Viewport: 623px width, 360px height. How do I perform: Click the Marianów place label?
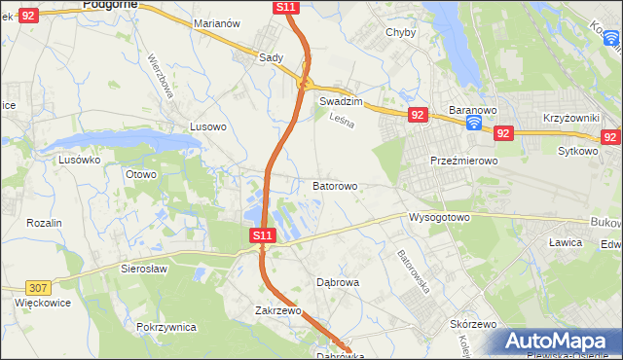pyautogui.click(x=217, y=22)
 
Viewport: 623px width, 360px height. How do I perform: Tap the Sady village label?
pyautogui.click(x=271, y=57)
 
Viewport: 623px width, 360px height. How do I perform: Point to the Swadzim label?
pyautogui.click(x=341, y=101)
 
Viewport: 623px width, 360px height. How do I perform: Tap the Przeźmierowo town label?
pyautogui.click(x=464, y=161)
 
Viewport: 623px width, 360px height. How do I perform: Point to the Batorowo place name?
pyautogui.click(x=335, y=185)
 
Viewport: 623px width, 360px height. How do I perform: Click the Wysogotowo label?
pyautogui.click(x=439, y=217)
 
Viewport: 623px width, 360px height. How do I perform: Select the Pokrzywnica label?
pyautogui.click(x=167, y=327)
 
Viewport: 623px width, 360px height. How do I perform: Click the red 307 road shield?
pyautogui.click(x=38, y=288)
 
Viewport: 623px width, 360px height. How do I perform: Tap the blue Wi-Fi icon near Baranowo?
pyautogui.click(x=473, y=125)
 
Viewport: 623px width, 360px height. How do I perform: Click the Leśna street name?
pyautogui.click(x=340, y=122)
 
